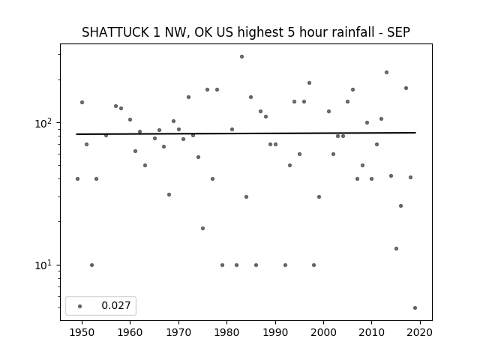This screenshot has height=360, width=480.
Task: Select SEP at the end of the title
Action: click(398, 32)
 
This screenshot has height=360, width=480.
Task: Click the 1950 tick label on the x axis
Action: click(82, 332)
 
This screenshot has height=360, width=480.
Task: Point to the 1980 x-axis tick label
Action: click(226, 332)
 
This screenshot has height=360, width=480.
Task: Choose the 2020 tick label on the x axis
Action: click(420, 332)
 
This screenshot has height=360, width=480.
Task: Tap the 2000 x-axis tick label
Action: click(323, 332)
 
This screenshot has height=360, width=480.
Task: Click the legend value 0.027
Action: click(116, 305)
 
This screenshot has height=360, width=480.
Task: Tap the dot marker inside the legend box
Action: click(80, 306)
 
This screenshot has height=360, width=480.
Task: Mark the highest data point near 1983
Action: click(241, 57)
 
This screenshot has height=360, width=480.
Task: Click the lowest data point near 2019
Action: click(415, 308)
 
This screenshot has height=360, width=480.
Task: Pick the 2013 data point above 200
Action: click(387, 73)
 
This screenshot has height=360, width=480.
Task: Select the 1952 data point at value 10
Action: click(91, 265)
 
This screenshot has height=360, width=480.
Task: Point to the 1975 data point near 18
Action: click(202, 228)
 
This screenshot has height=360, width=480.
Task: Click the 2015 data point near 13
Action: click(397, 248)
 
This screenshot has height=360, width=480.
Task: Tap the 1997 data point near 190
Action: click(310, 83)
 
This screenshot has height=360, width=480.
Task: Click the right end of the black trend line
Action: click(415, 133)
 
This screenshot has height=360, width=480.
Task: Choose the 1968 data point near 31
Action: click(169, 195)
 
